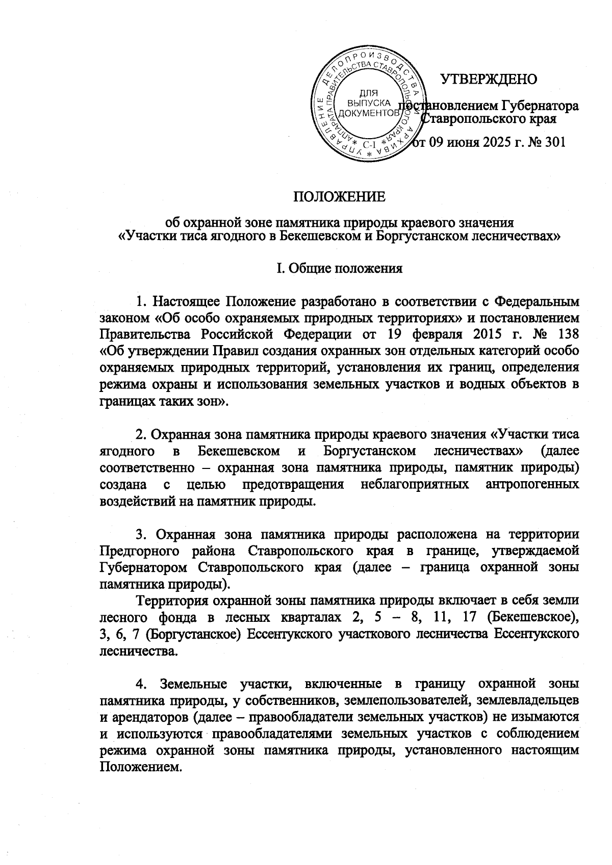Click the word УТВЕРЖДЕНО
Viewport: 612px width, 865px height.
pyautogui.click(x=489, y=80)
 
